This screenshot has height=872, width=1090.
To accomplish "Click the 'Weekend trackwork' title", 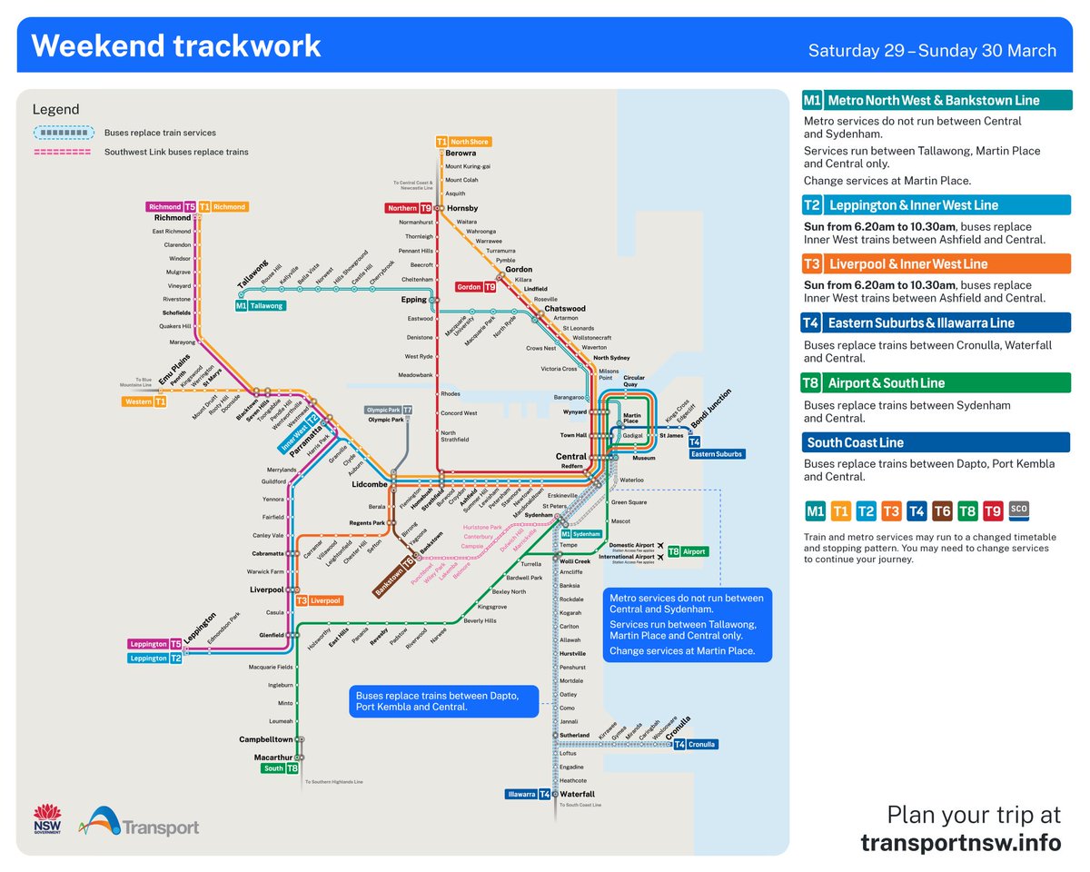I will click(x=176, y=46).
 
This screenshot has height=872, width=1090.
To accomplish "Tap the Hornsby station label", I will click(x=462, y=208).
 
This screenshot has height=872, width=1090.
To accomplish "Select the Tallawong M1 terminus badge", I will click(x=261, y=306).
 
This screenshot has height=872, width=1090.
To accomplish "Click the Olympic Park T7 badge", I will click(x=389, y=410).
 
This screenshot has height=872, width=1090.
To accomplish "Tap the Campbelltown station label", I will click(x=266, y=739).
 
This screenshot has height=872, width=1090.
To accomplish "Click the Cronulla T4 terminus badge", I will click(x=695, y=745).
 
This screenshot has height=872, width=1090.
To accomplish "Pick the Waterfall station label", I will click(x=578, y=794).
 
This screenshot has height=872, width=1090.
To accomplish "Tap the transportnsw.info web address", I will click(x=960, y=842).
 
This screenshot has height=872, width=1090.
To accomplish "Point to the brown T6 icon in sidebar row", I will click(x=942, y=511).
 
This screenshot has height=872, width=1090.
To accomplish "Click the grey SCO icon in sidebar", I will click(x=1018, y=510).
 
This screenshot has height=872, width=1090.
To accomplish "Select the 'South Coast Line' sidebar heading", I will click(x=854, y=443).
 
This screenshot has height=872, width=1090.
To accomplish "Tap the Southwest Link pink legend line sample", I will click(x=62, y=153).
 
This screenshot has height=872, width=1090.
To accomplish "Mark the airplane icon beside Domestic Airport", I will click(x=660, y=545).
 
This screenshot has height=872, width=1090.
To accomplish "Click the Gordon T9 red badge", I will click(x=476, y=287).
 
